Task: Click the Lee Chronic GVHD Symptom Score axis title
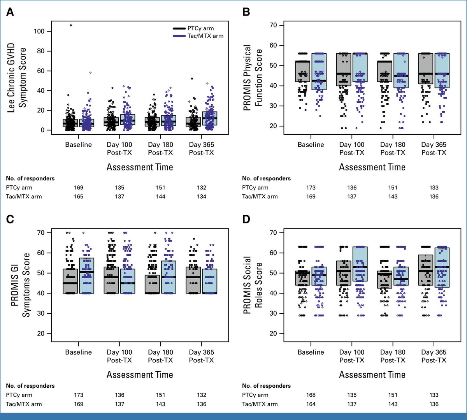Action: point(17,80)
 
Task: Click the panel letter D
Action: point(246,220)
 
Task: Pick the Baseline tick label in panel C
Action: point(79,352)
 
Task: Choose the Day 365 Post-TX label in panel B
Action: point(434,148)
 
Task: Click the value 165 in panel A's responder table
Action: point(79,197)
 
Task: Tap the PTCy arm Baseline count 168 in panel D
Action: point(311,395)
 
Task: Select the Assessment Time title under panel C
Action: point(140,375)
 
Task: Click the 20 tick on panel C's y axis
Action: point(51,334)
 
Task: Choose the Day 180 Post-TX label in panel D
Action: point(393,356)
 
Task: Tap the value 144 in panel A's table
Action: point(160,197)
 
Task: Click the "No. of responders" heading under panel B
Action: point(266,178)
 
